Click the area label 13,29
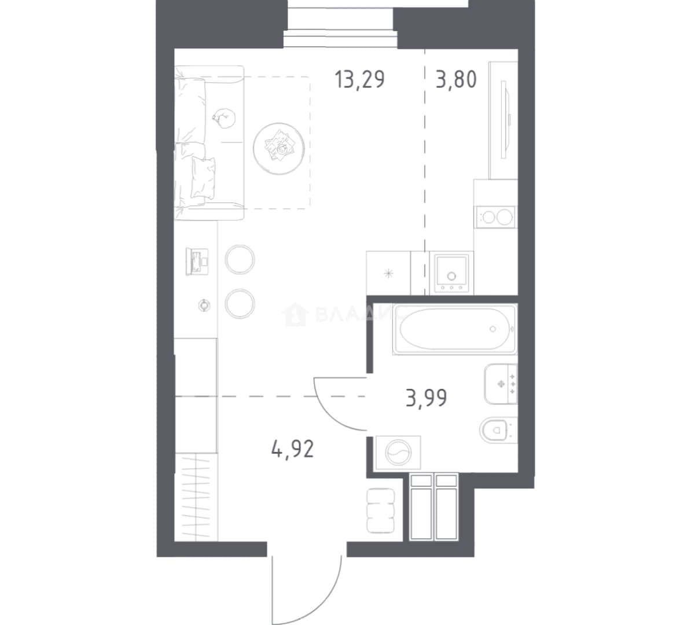(x=359, y=80)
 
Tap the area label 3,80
(x=456, y=80)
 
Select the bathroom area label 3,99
(x=426, y=398)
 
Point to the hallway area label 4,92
(x=293, y=449)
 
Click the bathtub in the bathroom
(x=455, y=329)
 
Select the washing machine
(x=398, y=452)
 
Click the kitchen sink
(x=452, y=273)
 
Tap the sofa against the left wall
(x=209, y=142)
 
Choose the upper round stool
(x=240, y=260)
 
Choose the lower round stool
(x=240, y=303)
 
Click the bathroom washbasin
(x=501, y=384)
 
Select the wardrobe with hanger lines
(x=196, y=497)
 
